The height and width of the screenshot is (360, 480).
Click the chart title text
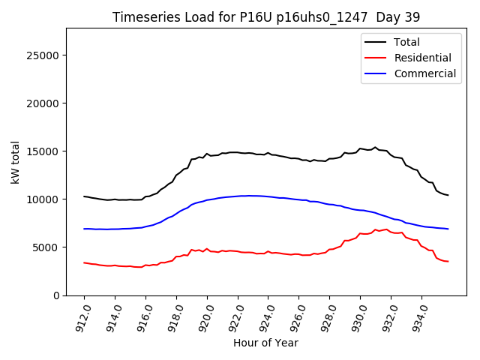[x=266, y=16]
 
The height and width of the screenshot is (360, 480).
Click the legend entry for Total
[x=407, y=42]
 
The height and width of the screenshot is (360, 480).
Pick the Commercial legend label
[x=424, y=73]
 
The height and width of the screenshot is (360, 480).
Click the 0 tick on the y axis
[x=56, y=295]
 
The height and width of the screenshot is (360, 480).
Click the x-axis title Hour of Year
[x=266, y=343]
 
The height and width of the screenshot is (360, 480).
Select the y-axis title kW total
[x=15, y=162]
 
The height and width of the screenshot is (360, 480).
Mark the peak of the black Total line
[x=376, y=147]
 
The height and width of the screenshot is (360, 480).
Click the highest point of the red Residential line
[x=386, y=229]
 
